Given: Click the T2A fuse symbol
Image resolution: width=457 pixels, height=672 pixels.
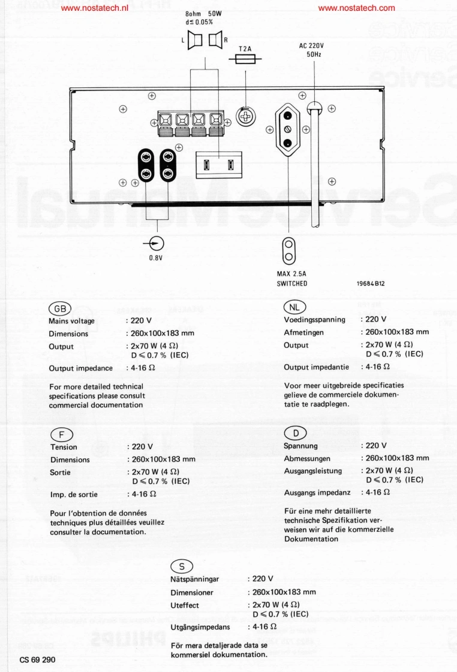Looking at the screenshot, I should (x=245, y=59).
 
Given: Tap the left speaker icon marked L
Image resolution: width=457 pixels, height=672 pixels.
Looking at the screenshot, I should (x=194, y=41).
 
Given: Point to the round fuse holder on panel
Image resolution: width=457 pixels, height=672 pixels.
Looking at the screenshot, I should (x=245, y=116).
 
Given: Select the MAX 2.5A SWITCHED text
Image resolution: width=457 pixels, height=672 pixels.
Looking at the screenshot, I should (x=292, y=279).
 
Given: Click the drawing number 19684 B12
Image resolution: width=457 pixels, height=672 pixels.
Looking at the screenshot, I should (x=375, y=284).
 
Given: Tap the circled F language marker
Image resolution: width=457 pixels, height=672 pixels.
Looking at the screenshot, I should (x=61, y=434).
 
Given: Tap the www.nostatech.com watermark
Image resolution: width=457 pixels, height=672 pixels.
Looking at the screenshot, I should (x=357, y=8).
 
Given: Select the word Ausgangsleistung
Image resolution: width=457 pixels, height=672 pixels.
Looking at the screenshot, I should (x=312, y=471).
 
